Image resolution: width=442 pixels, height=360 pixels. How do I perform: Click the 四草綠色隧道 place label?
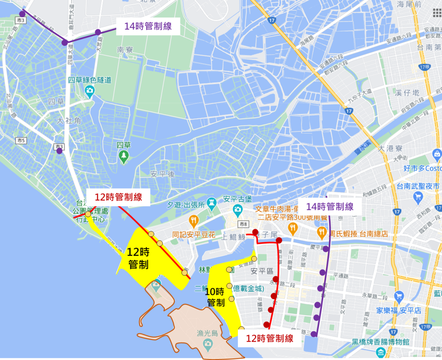[x=90, y=80]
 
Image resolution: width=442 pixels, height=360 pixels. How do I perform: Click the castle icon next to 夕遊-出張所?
[x=211, y=202]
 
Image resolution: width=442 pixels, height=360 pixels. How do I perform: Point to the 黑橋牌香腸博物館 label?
[x=381, y=342]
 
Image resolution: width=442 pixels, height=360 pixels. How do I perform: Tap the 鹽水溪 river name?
[x=362, y=148]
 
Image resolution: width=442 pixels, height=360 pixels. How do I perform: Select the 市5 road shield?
[x=21, y=140]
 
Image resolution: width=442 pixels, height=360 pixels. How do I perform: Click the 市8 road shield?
[x=243, y=224]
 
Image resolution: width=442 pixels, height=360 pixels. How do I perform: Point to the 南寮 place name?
[x=126, y=50]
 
